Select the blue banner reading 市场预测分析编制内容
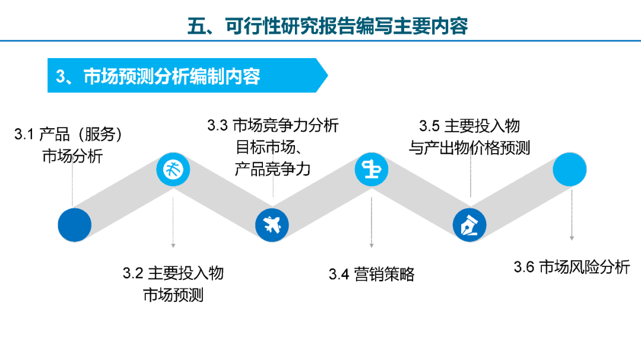[188, 75]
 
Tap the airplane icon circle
[272, 225]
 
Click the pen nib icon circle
[469, 225]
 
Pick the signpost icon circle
[371, 169]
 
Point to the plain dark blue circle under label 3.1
[74, 225]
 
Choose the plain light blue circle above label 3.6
[569, 169]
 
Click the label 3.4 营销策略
[372, 274]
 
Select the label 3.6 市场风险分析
[572, 267]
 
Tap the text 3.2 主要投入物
[173, 273]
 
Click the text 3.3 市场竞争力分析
[272, 125]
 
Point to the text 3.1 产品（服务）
[68, 134]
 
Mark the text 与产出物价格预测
[469, 148]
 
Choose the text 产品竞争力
[272, 169]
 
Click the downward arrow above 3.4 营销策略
[371, 222]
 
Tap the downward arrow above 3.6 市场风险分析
[572, 215]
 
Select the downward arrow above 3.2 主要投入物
[173, 222]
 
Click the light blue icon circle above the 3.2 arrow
[173, 169]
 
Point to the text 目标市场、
[269, 147]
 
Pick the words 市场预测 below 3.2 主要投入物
[173, 295]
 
